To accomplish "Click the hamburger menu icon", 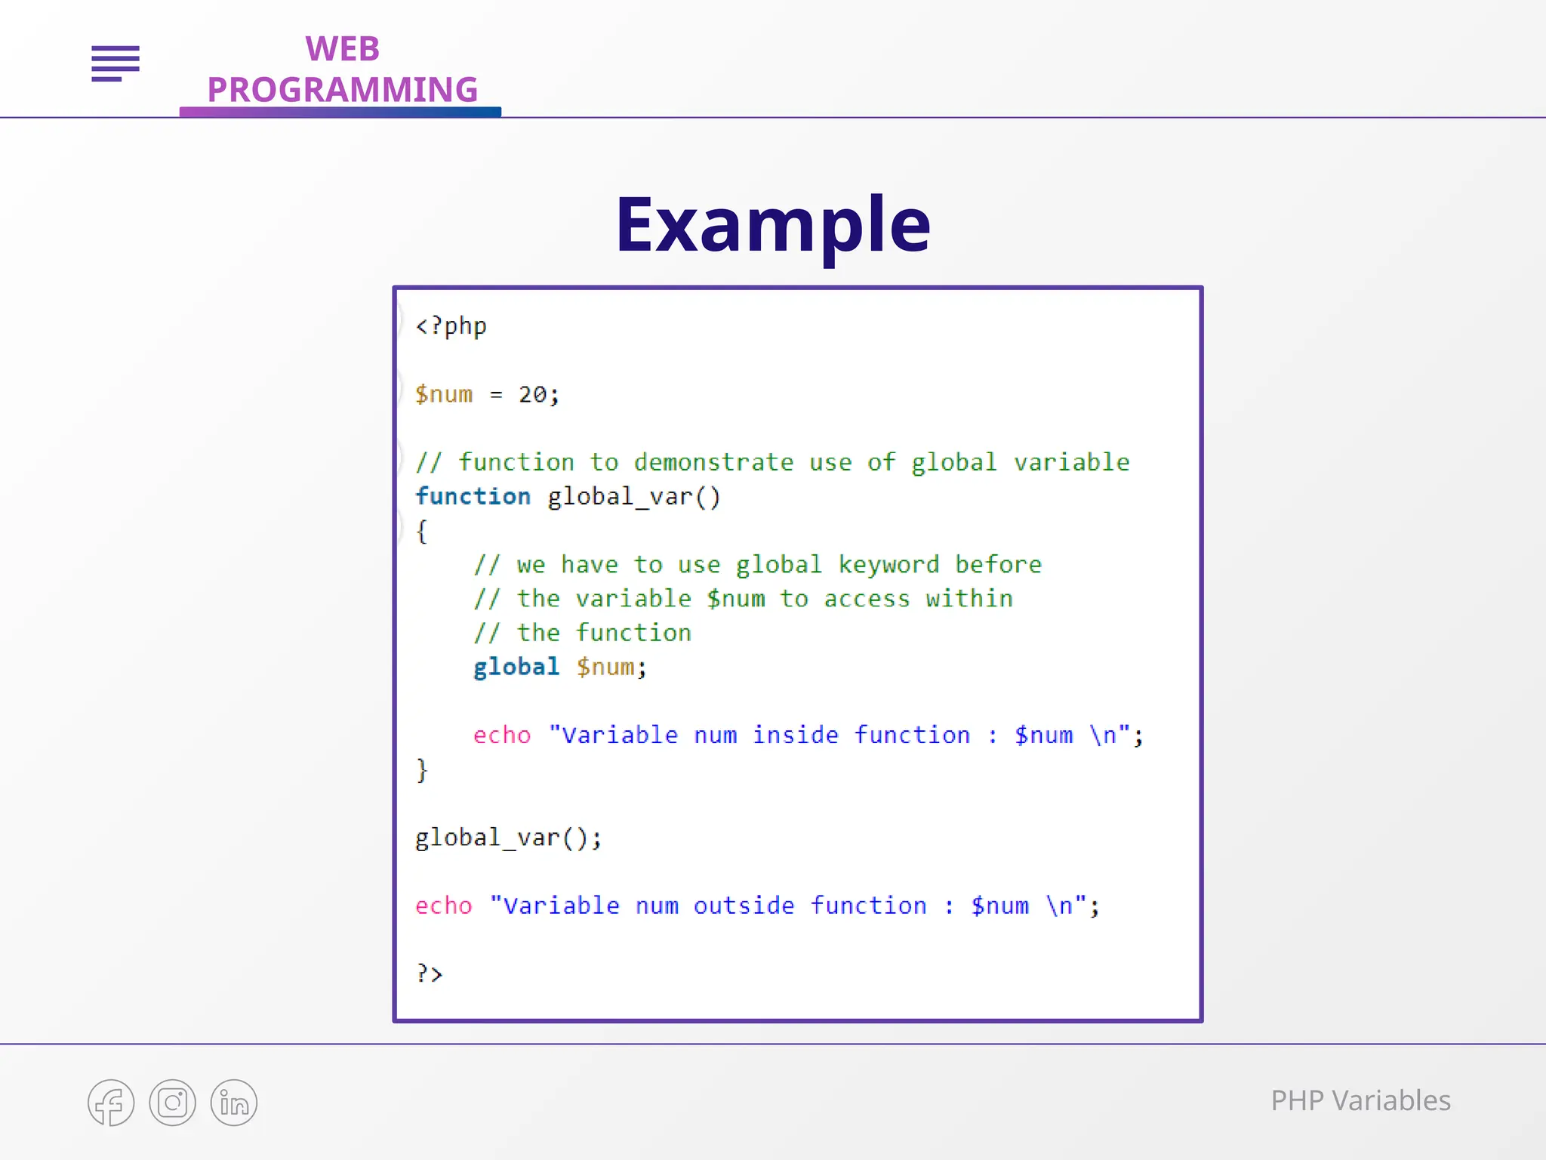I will coord(115,63).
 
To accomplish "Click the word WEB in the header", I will coord(342,50).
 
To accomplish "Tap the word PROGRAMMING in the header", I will coord(342,90).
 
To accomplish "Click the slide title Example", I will coord(772,224).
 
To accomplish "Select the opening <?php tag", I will coord(451,326).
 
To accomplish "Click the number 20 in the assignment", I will coord(532,394).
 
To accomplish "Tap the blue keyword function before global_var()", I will coord(473,496).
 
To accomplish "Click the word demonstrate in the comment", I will coord(713,462).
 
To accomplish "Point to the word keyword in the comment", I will coord(888,565).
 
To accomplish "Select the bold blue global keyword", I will coord(516,667).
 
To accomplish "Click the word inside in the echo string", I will coord(795,735).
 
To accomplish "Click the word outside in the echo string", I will coord(744,905).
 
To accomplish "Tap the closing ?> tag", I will coord(429,973).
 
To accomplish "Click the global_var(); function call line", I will coord(508,838).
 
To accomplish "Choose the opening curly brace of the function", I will coord(422,531).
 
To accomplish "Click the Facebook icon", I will coord(111,1103).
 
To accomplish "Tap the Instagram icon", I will coord(172,1103).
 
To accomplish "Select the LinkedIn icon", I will coord(233,1103).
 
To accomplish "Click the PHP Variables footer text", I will coord(1360,1101).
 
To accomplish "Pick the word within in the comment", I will coord(969,599).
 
